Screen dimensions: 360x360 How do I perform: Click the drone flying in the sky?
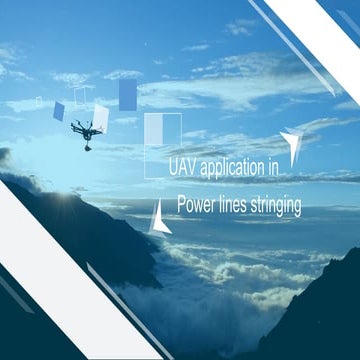[x=86, y=130]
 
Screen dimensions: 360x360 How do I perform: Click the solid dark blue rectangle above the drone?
[x=127, y=94]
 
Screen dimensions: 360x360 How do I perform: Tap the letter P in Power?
[x=181, y=206]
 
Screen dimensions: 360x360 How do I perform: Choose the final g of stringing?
[x=298, y=208]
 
